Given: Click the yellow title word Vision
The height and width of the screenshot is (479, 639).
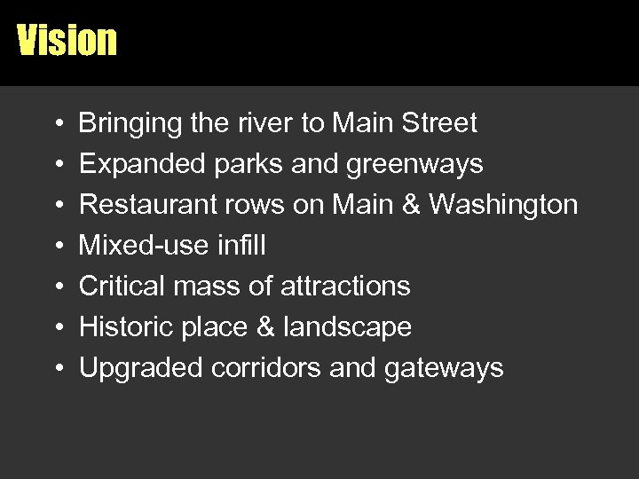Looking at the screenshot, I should click(67, 40).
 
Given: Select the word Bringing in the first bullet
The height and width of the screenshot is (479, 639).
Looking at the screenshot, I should click(130, 123).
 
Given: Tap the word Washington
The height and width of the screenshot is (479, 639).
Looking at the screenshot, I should click(503, 205).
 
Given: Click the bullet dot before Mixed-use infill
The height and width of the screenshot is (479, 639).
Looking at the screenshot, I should click(56, 246).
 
